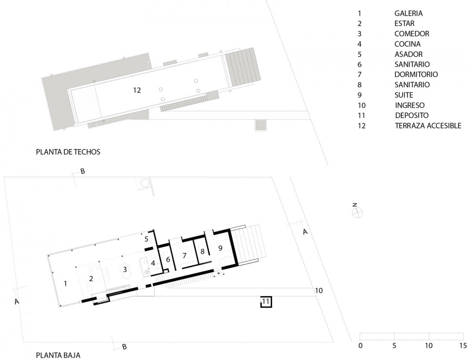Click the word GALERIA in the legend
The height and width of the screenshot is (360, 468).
coord(409,13)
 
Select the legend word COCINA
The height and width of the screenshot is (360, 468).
coord(408,44)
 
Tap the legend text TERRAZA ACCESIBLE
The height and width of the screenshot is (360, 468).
coord(428,126)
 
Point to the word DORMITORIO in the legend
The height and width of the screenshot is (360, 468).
coord(416,75)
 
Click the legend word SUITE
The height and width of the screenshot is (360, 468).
coord(404,95)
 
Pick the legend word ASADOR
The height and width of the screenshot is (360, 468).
coord(409,54)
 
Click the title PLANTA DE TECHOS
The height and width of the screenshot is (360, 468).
coord(68,152)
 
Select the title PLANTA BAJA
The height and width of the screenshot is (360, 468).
coord(58,355)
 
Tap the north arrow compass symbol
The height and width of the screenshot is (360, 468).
coord(357,212)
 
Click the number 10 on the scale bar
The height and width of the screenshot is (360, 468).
coord(429,345)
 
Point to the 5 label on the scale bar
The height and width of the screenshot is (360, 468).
coord(394,345)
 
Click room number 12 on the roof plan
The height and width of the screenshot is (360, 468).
coord(137,90)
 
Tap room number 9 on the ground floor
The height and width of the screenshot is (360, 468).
coord(220,248)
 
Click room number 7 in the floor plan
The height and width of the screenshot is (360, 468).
coord(184,255)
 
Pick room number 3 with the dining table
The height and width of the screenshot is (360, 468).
coord(125,269)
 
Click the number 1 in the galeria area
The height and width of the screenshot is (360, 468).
coord(66,284)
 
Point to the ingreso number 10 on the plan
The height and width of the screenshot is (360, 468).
coord(319,290)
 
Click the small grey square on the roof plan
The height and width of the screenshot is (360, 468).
coord(260,125)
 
